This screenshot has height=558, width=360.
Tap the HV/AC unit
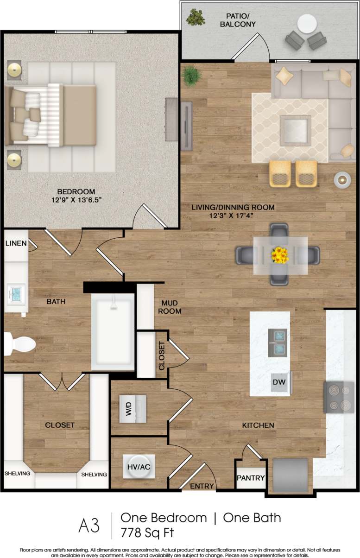tap(139, 467)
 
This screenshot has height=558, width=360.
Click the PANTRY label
tap(251, 478)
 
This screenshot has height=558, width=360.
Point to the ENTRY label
tap(202, 486)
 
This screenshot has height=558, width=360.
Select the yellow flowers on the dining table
tap(279, 255)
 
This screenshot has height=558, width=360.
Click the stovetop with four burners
tap(339, 397)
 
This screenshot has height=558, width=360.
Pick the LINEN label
tap(15, 243)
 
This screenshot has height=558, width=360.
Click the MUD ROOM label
tap(170, 307)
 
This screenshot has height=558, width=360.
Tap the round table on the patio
tap(306, 24)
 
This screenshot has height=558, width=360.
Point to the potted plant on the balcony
tap(196, 18)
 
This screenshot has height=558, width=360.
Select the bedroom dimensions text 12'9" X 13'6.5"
tap(76, 200)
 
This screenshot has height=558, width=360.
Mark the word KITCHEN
tap(258, 425)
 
